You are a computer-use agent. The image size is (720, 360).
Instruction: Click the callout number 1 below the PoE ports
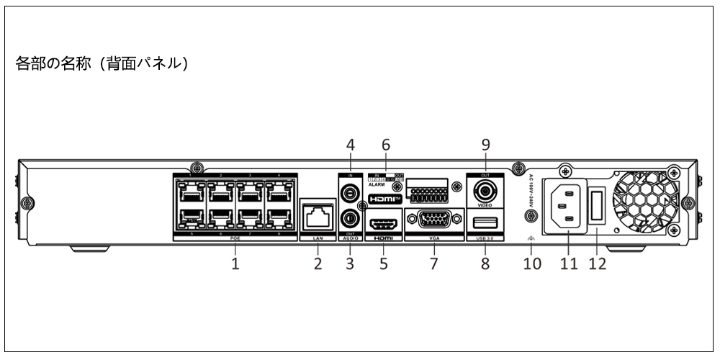(235, 264)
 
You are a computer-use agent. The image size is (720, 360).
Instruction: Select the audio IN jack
(351, 194)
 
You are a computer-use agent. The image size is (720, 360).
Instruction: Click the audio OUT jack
(351, 217)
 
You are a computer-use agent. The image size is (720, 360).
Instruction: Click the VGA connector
(433, 220)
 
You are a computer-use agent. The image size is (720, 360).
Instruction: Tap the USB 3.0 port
(485, 220)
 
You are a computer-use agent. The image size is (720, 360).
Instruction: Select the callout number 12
(597, 264)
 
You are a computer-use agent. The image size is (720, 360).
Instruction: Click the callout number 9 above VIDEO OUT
(485, 144)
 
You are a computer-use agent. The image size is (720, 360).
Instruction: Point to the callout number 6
(384, 144)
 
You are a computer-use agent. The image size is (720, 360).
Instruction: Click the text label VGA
(433, 238)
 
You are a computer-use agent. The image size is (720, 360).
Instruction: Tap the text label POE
(235, 238)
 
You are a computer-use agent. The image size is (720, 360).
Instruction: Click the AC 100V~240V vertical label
(531, 192)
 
